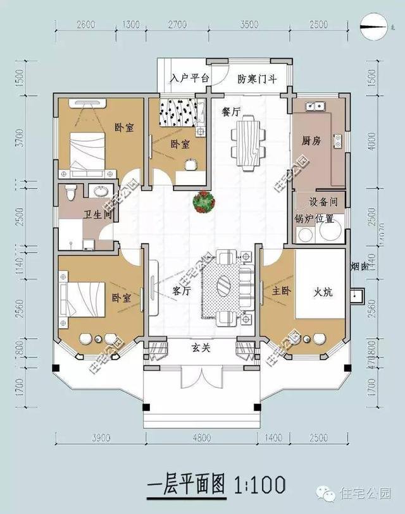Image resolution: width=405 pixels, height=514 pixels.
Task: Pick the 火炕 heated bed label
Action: click(323, 293)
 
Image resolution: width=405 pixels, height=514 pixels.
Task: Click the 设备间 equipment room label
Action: click(323, 203)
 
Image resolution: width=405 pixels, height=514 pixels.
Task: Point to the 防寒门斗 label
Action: click(256, 80)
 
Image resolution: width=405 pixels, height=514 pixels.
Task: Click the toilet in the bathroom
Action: click(71, 190)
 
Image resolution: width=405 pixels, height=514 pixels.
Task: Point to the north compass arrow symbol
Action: click(374, 27)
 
